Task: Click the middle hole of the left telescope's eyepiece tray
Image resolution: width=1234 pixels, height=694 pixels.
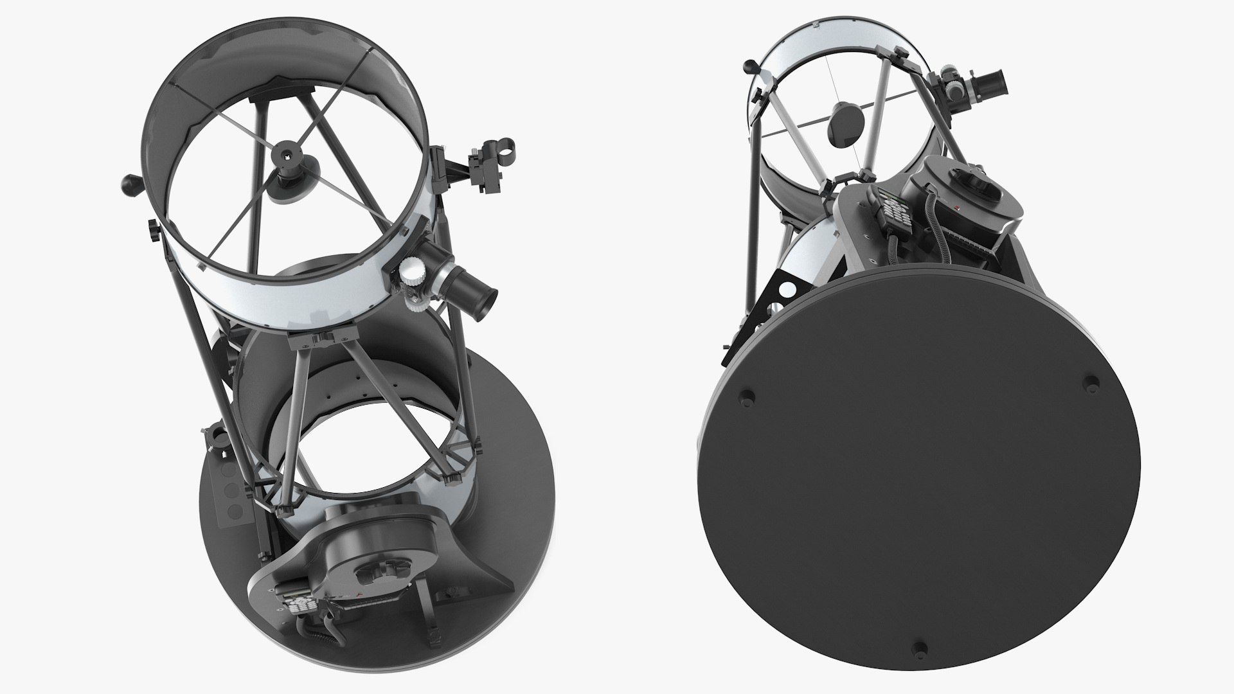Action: (x=230, y=493)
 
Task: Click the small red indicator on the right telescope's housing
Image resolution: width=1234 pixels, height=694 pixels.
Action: (x=957, y=207)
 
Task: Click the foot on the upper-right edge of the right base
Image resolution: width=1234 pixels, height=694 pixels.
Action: (x=1090, y=384)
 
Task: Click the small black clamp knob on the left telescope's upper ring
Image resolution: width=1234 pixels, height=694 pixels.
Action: (x=154, y=229)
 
